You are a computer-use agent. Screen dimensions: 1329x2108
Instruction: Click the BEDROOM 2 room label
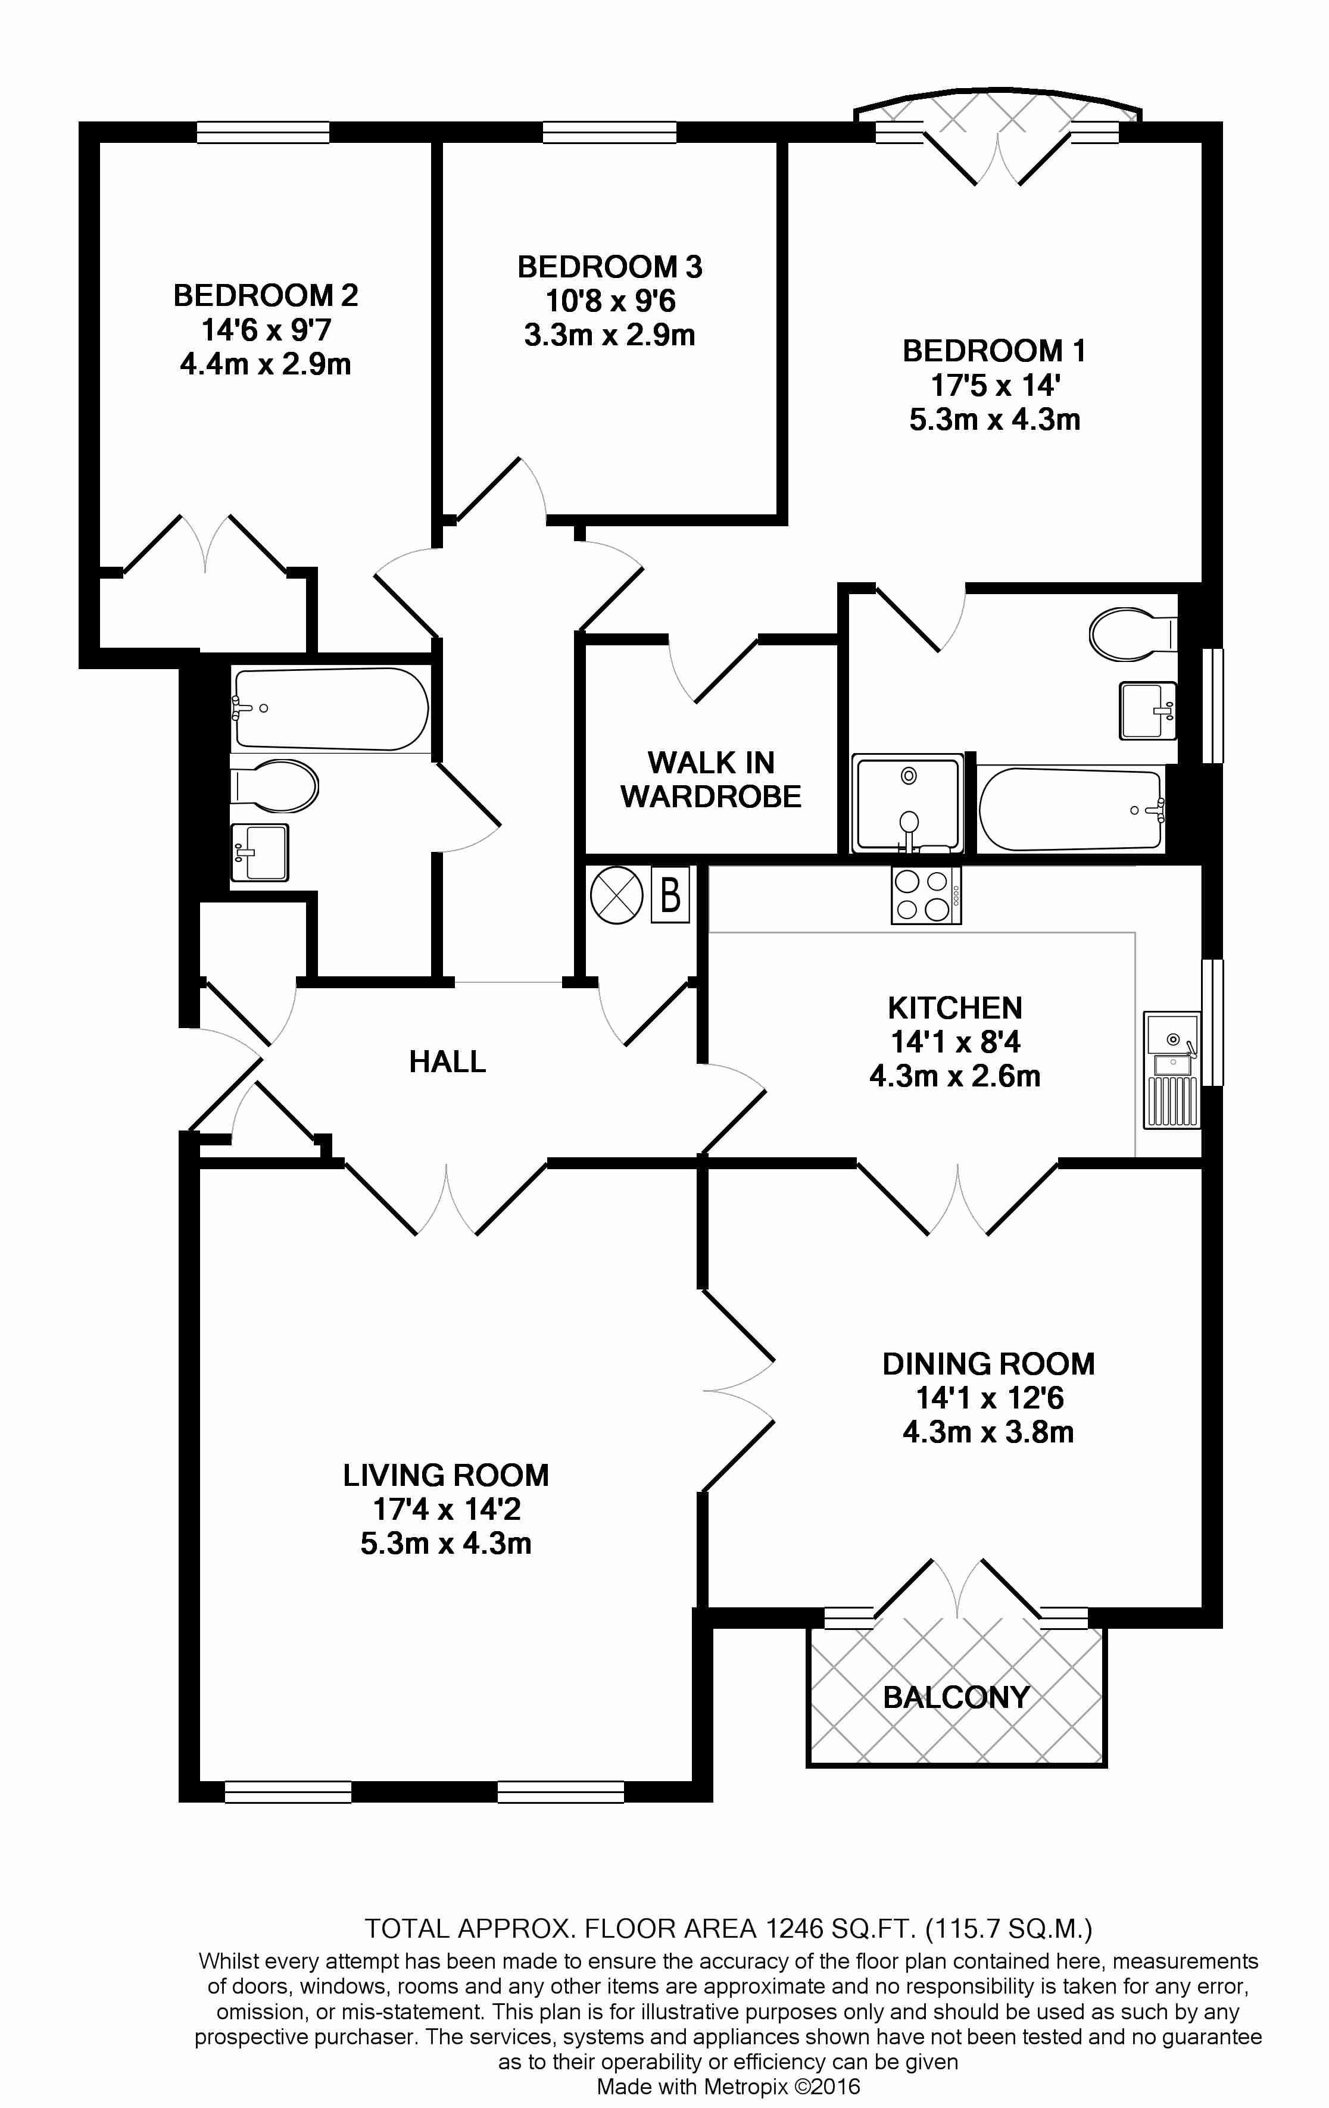[x=266, y=295]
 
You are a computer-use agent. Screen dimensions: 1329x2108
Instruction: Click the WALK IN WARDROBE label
[x=711, y=779]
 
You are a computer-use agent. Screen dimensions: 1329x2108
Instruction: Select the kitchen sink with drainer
[x=1171, y=1070]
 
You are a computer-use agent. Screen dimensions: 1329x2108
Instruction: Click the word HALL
[x=447, y=1062]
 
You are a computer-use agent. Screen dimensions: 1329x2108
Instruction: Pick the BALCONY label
[x=956, y=1697]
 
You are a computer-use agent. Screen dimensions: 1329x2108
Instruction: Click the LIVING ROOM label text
[x=445, y=1475]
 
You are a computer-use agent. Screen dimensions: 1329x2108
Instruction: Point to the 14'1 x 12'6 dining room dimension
[x=988, y=1398]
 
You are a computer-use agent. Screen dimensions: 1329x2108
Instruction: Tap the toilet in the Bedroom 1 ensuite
[x=1134, y=635]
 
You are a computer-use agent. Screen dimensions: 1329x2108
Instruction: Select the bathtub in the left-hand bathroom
[x=330, y=709]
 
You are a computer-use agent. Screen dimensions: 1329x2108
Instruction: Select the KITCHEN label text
[x=955, y=1008]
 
